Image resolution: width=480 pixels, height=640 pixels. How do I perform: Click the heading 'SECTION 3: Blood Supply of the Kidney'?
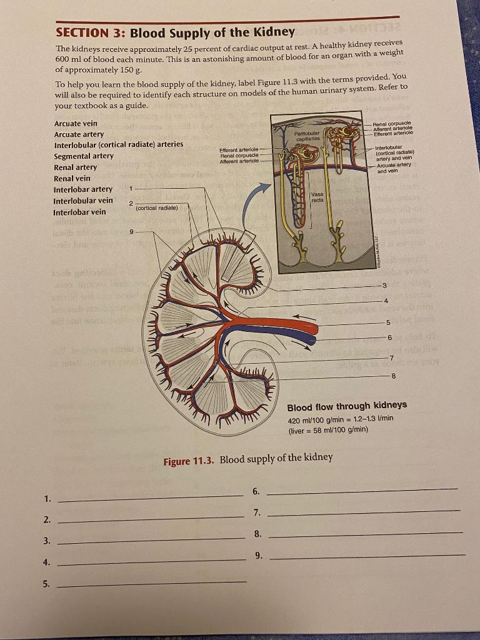[175, 32]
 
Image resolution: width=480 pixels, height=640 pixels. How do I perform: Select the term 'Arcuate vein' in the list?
[76, 123]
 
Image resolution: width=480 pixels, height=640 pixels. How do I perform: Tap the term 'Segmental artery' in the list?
[84, 156]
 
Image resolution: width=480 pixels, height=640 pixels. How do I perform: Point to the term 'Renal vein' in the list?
[72, 178]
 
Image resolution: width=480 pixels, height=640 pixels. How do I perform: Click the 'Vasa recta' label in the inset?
[316, 198]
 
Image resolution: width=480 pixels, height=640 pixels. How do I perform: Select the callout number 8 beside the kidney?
[392, 376]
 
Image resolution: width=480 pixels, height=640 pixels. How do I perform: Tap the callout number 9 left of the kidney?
[132, 231]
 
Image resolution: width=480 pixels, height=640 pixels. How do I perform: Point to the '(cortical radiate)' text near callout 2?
[157, 207]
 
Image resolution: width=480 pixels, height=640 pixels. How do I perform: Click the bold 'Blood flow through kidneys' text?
[347, 406]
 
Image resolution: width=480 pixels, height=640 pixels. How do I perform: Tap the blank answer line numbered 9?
[366, 555]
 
